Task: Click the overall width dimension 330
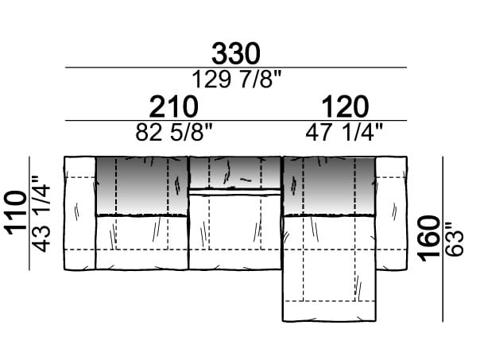236,54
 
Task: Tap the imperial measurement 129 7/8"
236,79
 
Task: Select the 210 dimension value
173,106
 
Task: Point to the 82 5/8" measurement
173,133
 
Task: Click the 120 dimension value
345,106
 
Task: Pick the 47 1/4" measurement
344,133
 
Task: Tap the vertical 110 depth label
15,213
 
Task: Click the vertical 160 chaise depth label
428,238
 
